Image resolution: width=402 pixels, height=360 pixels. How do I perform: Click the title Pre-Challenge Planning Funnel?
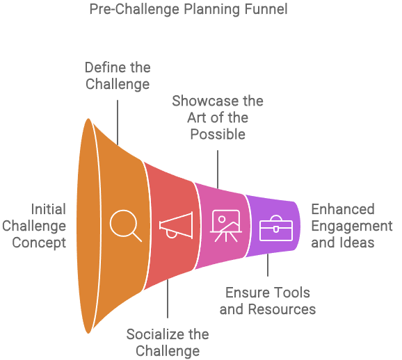coord(188,10)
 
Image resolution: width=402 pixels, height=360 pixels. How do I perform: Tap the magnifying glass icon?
coord(125,225)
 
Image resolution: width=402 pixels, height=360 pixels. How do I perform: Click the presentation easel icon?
coord(225,225)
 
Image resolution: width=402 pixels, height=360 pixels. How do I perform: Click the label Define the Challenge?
coord(118,76)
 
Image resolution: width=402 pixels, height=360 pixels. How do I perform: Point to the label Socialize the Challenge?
coord(168,343)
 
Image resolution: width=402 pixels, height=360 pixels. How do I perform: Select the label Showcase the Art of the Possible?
coord(218,117)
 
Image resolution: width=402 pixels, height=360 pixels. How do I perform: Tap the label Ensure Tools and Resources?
coord(268,301)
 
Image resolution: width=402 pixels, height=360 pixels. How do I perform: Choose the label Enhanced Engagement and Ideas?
coord(351,226)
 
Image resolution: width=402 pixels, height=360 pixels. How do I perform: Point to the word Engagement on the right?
coord(351,226)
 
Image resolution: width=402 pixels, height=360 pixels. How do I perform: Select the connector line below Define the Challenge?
coord(118,122)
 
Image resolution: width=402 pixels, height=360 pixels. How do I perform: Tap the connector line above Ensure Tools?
coord(268,268)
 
